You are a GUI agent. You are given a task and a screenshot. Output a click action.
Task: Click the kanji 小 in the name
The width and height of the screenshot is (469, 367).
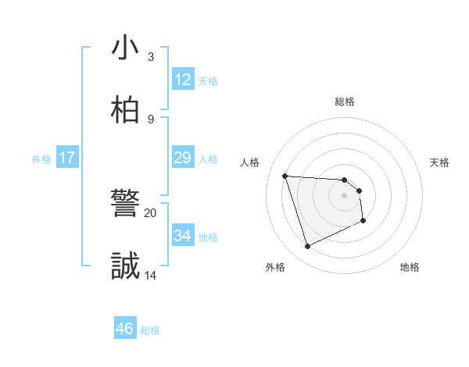(x=125, y=48)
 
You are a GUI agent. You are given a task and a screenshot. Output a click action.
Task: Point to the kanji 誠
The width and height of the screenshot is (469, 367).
(x=125, y=266)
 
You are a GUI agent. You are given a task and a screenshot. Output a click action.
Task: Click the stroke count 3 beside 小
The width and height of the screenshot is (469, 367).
(x=150, y=57)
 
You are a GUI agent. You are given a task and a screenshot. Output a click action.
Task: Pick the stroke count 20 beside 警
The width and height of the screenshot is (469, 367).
(x=151, y=212)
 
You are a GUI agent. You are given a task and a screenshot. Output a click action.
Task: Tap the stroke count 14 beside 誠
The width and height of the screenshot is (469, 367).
(x=151, y=275)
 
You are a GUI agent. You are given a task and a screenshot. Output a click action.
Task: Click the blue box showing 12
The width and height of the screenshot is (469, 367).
(x=183, y=80)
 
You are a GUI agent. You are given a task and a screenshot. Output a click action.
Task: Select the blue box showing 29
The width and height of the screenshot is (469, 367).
(x=183, y=158)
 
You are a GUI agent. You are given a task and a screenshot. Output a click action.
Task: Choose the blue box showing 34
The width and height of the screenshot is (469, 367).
(x=183, y=236)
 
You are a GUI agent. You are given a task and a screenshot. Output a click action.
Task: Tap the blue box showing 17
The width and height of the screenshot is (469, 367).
(x=67, y=158)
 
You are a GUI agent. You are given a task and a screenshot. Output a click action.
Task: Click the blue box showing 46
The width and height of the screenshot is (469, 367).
(x=125, y=329)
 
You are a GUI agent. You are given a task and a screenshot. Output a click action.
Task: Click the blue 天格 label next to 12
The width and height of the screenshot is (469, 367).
(x=208, y=81)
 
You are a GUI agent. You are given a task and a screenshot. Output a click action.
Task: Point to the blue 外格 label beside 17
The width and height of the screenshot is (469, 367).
(x=41, y=159)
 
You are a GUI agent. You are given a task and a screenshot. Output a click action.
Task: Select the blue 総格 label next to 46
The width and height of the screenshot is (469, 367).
(x=150, y=330)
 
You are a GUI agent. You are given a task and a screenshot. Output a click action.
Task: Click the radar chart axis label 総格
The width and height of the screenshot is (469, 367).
(x=345, y=102)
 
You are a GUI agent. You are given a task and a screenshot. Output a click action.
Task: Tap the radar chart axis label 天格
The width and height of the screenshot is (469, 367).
(x=439, y=162)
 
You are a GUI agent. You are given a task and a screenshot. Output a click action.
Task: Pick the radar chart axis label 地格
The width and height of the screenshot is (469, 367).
(x=410, y=267)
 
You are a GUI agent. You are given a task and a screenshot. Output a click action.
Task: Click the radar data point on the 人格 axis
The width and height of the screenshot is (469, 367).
(x=285, y=176)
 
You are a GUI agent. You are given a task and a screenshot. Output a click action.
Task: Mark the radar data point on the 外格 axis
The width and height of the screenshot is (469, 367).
(x=307, y=247)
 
